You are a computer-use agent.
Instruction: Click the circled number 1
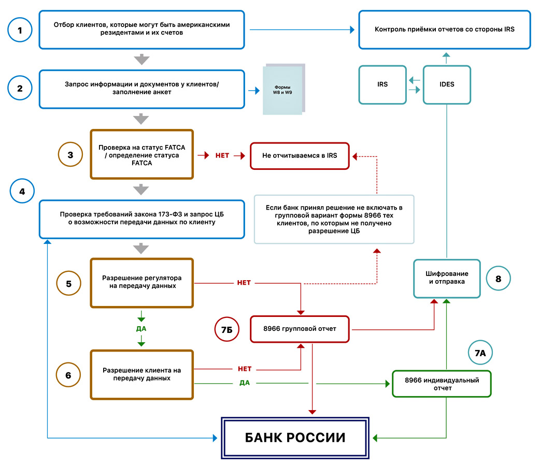[20, 30]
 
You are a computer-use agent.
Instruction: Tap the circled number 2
[20, 89]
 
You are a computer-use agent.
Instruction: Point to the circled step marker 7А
[480, 354]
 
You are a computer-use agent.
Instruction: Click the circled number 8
[498, 279]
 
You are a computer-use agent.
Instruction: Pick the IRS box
[382, 84]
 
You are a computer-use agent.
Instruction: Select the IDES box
[446, 84]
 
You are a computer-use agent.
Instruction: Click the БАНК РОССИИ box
[295, 438]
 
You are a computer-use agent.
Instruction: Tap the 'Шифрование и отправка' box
[447, 278]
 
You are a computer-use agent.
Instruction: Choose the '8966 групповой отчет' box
[300, 329]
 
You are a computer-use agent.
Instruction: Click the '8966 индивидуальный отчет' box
[442, 384]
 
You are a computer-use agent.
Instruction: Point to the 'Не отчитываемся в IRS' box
[300, 155]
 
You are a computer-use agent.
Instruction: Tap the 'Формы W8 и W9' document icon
[283, 89]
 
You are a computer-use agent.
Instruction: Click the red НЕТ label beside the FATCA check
[222, 155]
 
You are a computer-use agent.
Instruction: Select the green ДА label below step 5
[141, 328]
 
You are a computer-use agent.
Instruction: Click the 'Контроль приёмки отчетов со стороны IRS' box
[445, 30]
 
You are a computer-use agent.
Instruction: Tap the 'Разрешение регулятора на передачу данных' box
[142, 282]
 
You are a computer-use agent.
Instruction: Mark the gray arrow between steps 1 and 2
[141, 59]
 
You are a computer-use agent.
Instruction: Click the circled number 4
[22, 191]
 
